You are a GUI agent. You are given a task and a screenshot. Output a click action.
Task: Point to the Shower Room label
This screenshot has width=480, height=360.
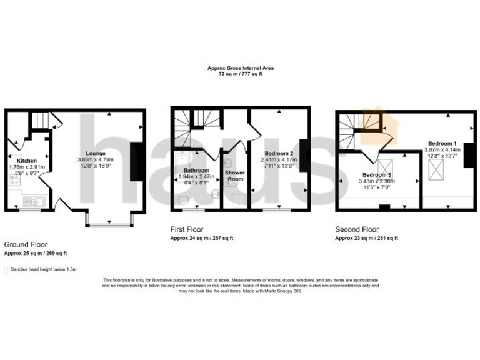234,176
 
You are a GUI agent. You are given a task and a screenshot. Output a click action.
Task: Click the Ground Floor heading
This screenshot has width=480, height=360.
26,244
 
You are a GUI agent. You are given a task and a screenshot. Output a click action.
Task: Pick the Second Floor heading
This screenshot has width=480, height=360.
357,229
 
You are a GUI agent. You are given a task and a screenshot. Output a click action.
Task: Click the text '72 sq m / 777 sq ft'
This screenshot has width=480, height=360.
240,74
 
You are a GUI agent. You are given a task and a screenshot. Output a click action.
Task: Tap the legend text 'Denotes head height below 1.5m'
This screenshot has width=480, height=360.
43,270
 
